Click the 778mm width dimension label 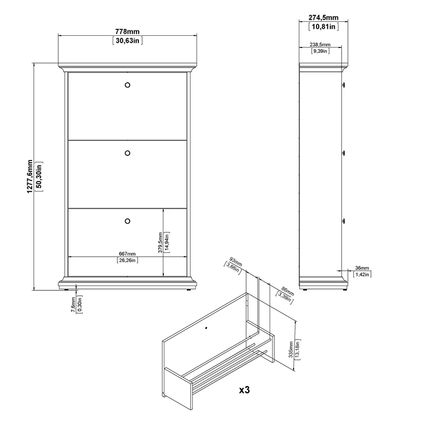pyautogui.click(x=127, y=31)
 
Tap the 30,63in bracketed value pyautogui.click(x=127, y=41)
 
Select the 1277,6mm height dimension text pyautogui.click(x=30, y=177)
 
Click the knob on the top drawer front pyautogui.click(x=128, y=85)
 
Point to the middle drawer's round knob pyautogui.click(x=128, y=153)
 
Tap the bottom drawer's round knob pyautogui.click(x=128, y=221)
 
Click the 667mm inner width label pyautogui.click(x=127, y=254)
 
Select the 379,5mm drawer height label pyautogui.click(x=161, y=242)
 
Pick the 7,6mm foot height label pyautogui.click(x=73, y=304)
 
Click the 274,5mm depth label pyautogui.click(x=323, y=18)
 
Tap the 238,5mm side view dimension pyautogui.click(x=320, y=44)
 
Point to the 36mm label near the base pyautogui.click(x=362, y=268)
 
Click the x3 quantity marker pyautogui.click(x=244, y=390)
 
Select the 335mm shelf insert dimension pyautogui.click(x=291, y=350)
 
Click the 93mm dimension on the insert pyautogui.click(x=236, y=262)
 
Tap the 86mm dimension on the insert pyautogui.click(x=288, y=291)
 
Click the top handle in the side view pyautogui.click(x=344, y=85)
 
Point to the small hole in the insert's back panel pyautogui.click(x=206, y=328)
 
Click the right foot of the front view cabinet pyautogui.click(x=188, y=290)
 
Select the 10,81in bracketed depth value pyautogui.click(x=323, y=27)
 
